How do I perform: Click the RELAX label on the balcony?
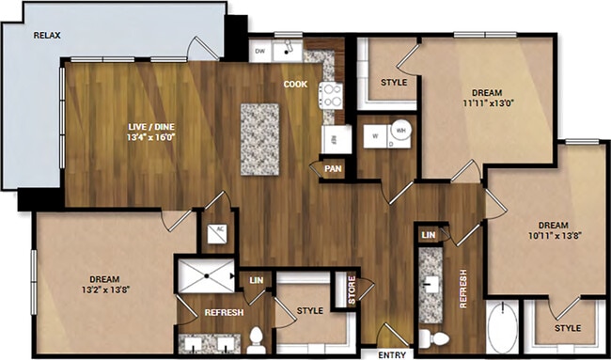[47, 36]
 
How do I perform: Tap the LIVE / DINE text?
[152, 125]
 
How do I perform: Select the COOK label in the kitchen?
[295, 84]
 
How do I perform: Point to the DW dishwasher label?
[260, 51]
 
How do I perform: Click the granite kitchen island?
[259, 138]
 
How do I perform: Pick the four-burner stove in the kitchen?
[330, 93]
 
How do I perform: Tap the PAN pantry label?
[332, 169]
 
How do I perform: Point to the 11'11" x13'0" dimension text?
[486, 103]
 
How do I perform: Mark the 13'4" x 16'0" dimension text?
[152, 137]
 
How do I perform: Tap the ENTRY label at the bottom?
[391, 354]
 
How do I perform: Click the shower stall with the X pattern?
[206, 274]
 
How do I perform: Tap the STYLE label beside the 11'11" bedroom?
[393, 83]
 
